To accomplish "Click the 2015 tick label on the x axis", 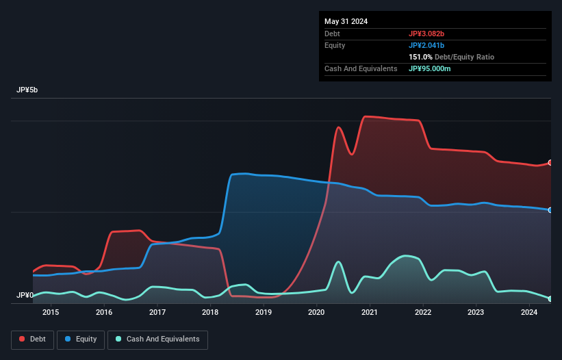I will (51, 313).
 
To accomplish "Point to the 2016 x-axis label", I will (104, 313).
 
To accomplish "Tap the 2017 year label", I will (157, 313).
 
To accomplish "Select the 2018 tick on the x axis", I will (210, 313).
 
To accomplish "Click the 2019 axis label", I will (264, 313).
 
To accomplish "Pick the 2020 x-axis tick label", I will (317, 313).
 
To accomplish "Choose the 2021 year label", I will (370, 313).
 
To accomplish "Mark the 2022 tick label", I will (423, 313).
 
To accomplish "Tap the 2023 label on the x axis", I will (476, 313).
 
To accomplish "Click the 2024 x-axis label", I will (529, 313).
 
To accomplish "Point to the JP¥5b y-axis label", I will (28, 90).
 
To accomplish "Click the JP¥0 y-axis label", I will (25, 296).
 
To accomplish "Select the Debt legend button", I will (31, 339).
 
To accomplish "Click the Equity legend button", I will (81, 339).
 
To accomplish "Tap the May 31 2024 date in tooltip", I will (346, 21).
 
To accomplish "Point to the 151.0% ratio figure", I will (420, 57).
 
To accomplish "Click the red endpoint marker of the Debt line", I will (550, 163).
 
